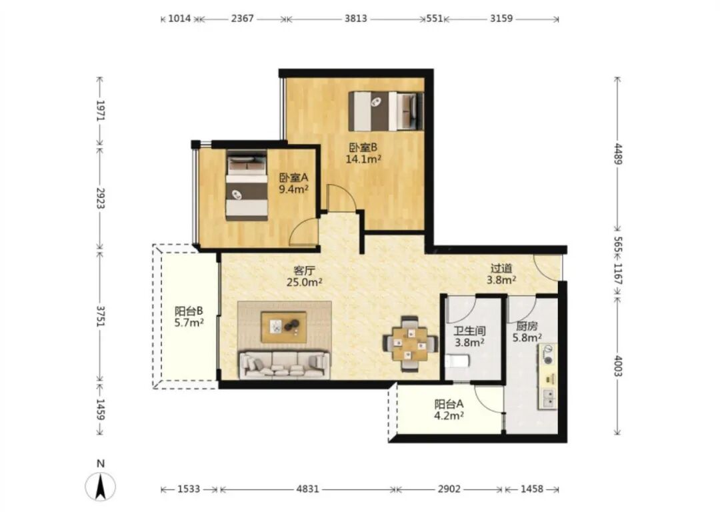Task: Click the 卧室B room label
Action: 363,147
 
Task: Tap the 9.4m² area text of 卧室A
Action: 293,189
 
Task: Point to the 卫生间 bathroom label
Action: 470,331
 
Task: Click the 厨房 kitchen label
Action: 527,327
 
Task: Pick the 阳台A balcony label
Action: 449,405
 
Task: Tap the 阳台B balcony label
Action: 189,311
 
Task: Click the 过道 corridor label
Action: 501,268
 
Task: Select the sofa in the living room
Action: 284,365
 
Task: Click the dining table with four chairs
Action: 410,343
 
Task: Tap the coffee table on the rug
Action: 284,327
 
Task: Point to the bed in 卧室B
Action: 386,111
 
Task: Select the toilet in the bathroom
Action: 457,361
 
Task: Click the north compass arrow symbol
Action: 101,486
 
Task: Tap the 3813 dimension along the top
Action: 356,19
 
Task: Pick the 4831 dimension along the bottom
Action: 307,489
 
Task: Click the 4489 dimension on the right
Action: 618,154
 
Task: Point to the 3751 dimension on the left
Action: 101,316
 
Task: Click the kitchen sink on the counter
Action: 549,399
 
